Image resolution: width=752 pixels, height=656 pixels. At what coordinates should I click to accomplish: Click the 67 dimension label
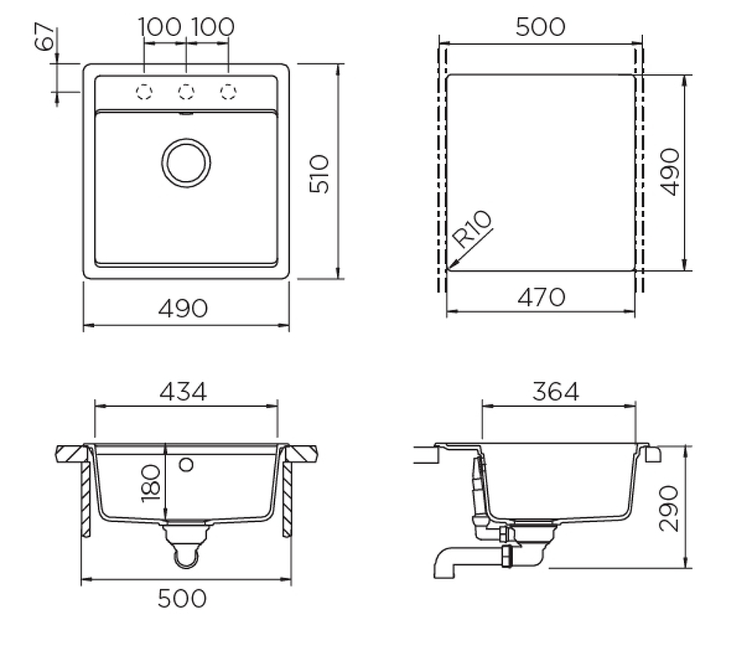click(45, 37)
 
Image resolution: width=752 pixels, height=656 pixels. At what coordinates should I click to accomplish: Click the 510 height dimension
click(320, 174)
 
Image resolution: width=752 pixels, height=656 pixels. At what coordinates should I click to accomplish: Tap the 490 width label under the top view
click(183, 308)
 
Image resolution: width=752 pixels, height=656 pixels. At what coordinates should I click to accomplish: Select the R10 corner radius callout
click(472, 230)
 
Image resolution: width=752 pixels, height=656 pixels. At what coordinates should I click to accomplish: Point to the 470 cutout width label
click(541, 298)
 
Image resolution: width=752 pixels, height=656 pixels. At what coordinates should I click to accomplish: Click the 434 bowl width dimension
click(183, 392)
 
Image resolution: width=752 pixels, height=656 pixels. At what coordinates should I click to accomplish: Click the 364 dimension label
click(555, 392)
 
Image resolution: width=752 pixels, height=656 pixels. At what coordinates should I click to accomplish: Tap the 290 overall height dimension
click(669, 509)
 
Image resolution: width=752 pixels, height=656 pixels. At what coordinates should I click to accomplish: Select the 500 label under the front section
click(183, 599)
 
